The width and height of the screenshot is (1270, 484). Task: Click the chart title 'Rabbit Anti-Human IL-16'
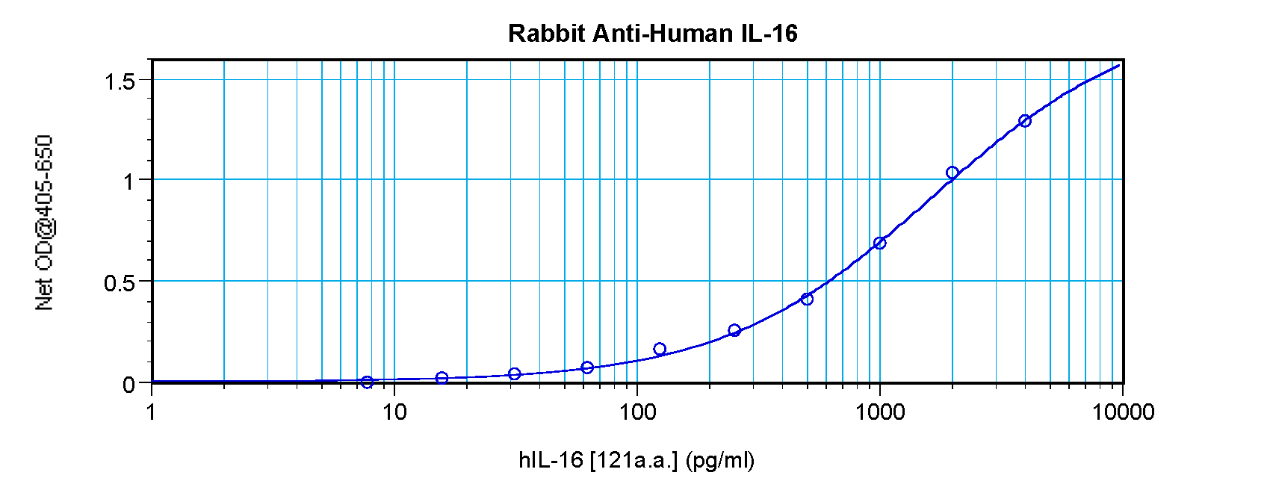[x=652, y=34]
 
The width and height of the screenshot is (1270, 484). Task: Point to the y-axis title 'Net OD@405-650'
[x=45, y=223]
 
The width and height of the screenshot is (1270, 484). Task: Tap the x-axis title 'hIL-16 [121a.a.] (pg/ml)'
[x=636, y=460]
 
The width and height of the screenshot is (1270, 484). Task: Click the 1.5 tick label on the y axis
[x=120, y=81]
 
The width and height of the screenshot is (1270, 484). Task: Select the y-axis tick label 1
[x=129, y=181]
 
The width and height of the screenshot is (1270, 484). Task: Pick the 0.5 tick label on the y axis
[x=120, y=283]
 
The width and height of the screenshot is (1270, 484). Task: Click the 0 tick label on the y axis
[x=129, y=384]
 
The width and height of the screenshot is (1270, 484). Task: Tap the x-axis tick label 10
[x=394, y=412]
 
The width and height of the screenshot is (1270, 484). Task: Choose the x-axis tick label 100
[x=637, y=412]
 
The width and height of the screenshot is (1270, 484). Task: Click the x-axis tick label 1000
[x=879, y=412]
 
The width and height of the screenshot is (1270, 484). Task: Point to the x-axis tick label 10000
[x=1122, y=412]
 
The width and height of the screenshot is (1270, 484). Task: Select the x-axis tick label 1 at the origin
[x=152, y=412]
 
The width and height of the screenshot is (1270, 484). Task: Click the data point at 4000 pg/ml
[x=1025, y=121]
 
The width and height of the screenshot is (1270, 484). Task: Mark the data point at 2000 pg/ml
[x=952, y=173]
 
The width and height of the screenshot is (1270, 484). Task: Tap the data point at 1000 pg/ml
[x=880, y=243]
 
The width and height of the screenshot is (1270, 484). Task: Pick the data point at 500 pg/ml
[x=807, y=299]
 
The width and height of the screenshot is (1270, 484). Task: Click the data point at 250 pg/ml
[x=734, y=330]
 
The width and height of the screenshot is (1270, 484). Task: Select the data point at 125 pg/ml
[x=660, y=349]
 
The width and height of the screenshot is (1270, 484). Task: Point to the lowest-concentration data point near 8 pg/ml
[x=367, y=382]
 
